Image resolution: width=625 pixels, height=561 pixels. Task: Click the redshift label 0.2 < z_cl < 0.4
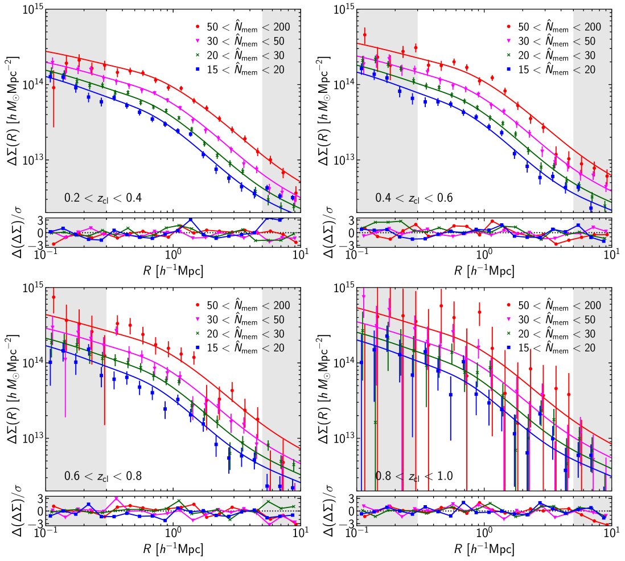click(102, 198)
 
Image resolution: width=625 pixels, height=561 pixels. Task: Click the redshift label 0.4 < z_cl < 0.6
click(414, 198)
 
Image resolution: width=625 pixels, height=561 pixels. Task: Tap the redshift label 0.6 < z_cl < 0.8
click(102, 476)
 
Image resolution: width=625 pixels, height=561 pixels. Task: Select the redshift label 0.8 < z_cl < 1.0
click(414, 476)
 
